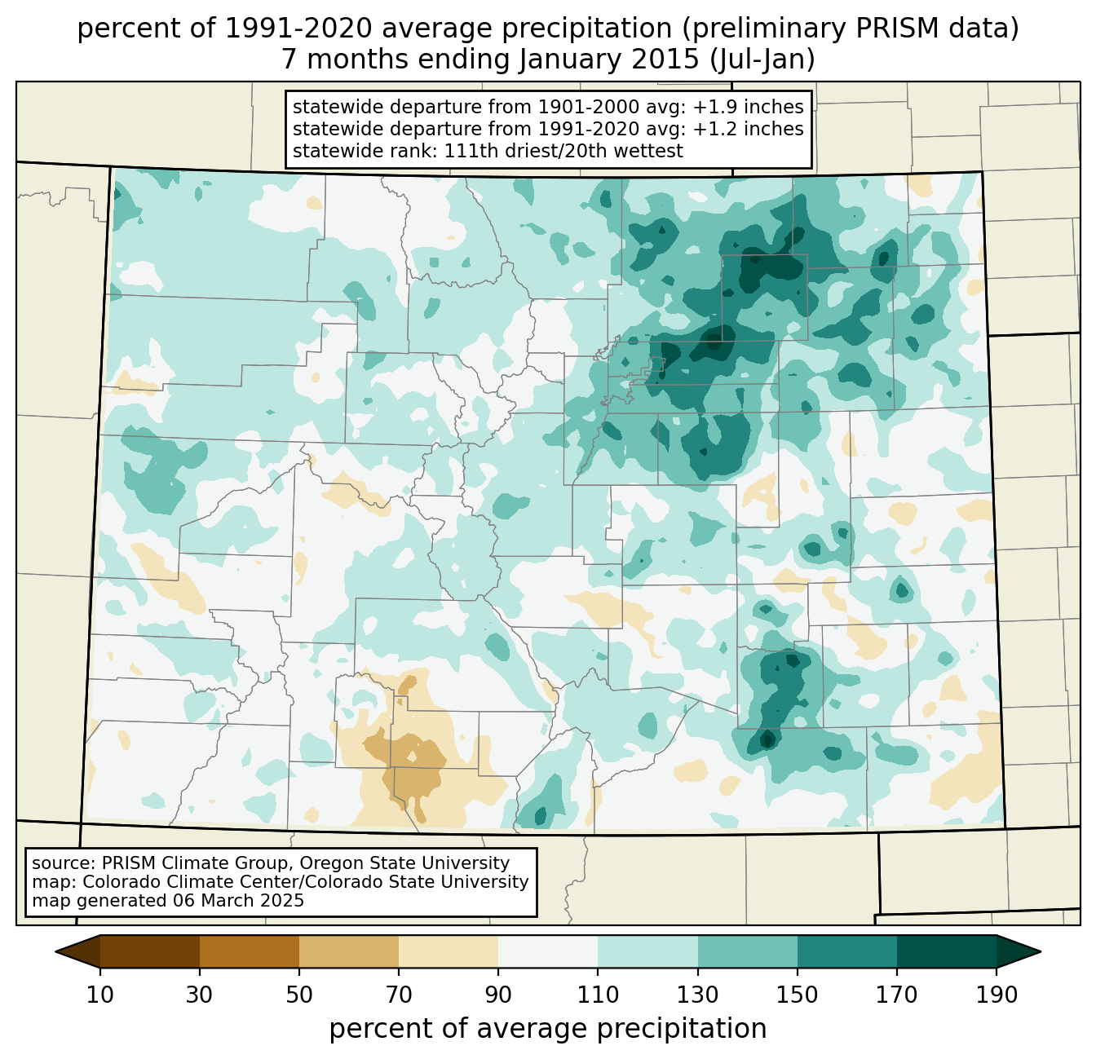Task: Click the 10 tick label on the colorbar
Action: pos(100,995)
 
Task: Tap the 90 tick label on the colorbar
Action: pos(498,995)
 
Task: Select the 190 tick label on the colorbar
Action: pos(996,995)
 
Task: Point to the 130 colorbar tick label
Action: pos(698,995)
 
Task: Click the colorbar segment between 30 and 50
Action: pos(250,951)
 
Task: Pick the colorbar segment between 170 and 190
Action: pos(946,951)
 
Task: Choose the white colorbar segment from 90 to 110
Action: pos(548,951)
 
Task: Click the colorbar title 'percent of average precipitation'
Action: pos(548,1029)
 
